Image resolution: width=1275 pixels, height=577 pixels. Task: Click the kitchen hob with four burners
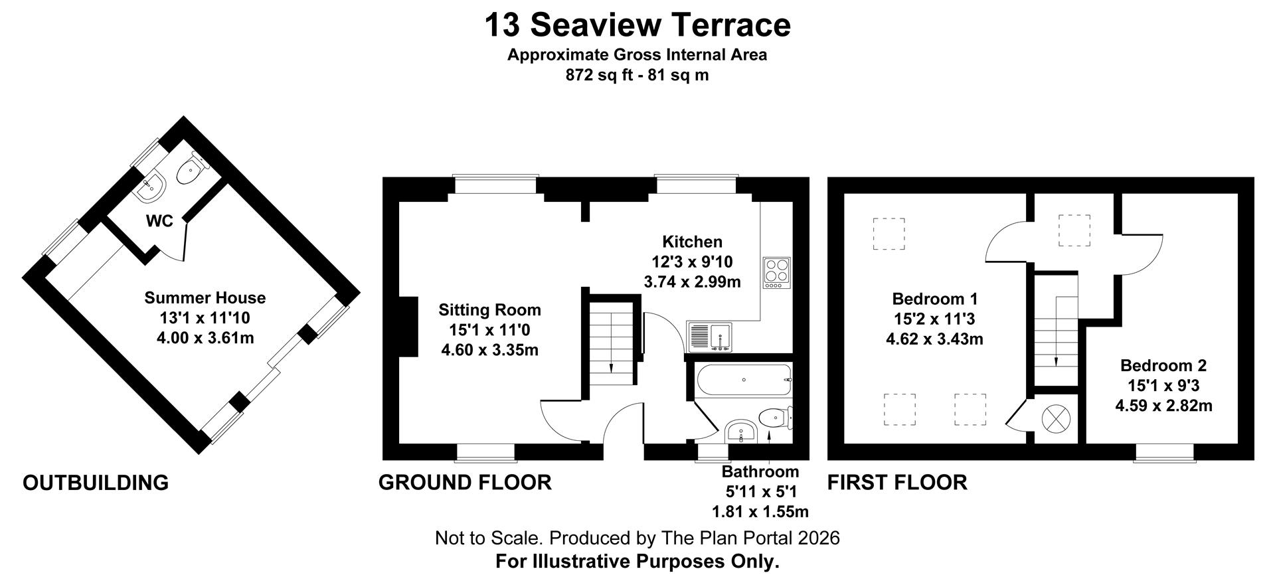click(777, 273)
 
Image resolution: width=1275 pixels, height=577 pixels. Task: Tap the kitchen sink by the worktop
click(710, 336)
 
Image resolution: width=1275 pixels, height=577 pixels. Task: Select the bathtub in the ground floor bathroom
click(744, 380)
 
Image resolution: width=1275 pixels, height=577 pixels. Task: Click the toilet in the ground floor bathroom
click(775, 418)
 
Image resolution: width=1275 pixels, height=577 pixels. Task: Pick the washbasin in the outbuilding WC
click(151, 188)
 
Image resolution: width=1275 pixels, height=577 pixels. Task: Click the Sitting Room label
click(489, 310)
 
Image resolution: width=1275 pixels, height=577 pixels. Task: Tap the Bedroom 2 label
click(1163, 365)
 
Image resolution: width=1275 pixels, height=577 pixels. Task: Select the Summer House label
click(205, 297)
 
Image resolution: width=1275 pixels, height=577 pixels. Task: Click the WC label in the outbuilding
click(159, 221)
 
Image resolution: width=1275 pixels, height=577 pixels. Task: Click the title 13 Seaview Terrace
click(637, 25)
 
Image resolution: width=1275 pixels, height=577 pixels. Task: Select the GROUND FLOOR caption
click(465, 482)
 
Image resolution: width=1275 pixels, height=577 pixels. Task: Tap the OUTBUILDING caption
click(96, 483)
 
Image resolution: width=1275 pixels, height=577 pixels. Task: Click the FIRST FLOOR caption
click(897, 482)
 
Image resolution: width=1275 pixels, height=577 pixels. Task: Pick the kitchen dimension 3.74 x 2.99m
click(693, 282)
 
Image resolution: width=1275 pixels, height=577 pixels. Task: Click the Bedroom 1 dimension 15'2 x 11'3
click(934, 319)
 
